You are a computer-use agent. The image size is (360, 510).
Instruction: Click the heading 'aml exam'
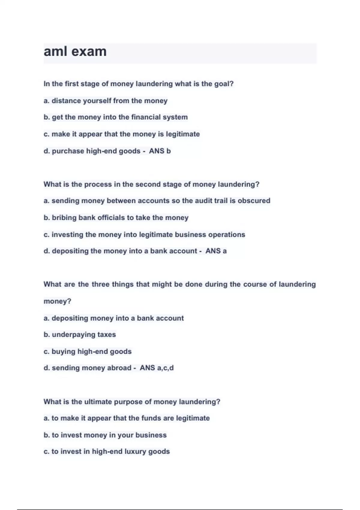(x=75, y=52)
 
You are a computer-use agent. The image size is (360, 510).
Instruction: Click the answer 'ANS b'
(x=160, y=151)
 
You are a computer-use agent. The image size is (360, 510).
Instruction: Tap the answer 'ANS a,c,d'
(x=157, y=368)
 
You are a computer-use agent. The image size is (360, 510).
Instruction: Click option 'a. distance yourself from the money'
(x=105, y=101)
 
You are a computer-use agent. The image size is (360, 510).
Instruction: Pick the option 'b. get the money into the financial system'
(x=115, y=117)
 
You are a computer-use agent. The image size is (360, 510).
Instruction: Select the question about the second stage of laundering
(x=151, y=184)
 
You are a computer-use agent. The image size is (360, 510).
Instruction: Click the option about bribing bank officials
(x=116, y=217)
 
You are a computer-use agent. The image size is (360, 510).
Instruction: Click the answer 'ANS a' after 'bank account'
(x=216, y=251)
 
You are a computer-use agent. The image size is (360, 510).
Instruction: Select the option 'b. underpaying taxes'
(x=79, y=334)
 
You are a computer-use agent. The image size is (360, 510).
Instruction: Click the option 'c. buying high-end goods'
(x=87, y=351)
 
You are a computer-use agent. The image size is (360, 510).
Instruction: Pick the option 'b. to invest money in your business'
(x=105, y=435)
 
